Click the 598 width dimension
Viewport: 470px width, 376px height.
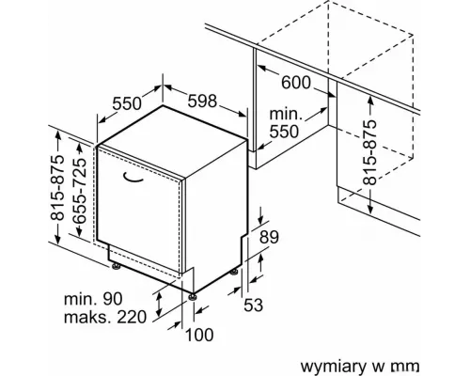point(202,101)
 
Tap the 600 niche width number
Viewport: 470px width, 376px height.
point(296,83)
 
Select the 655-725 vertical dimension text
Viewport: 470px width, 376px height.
point(79,190)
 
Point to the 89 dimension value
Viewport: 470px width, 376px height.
point(269,237)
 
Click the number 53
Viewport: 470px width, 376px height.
point(254,305)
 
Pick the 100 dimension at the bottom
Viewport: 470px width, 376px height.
point(199,335)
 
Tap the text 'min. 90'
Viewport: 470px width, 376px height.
point(93,299)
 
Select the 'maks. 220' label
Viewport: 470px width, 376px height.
point(105,317)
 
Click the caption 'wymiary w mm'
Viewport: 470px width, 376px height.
point(360,366)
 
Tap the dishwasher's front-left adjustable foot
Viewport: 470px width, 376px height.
point(117,266)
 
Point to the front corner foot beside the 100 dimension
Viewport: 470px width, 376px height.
point(192,296)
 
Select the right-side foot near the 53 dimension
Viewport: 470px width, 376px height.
point(234,272)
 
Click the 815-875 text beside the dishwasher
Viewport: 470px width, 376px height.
point(57,188)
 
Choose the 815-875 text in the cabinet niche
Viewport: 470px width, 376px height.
point(369,152)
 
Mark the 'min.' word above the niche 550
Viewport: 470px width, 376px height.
point(286,114)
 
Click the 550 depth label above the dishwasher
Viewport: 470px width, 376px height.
point(127,103)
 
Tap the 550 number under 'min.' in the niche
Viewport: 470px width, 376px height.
point(284,132)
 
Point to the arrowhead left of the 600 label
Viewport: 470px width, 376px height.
point(261,68)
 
